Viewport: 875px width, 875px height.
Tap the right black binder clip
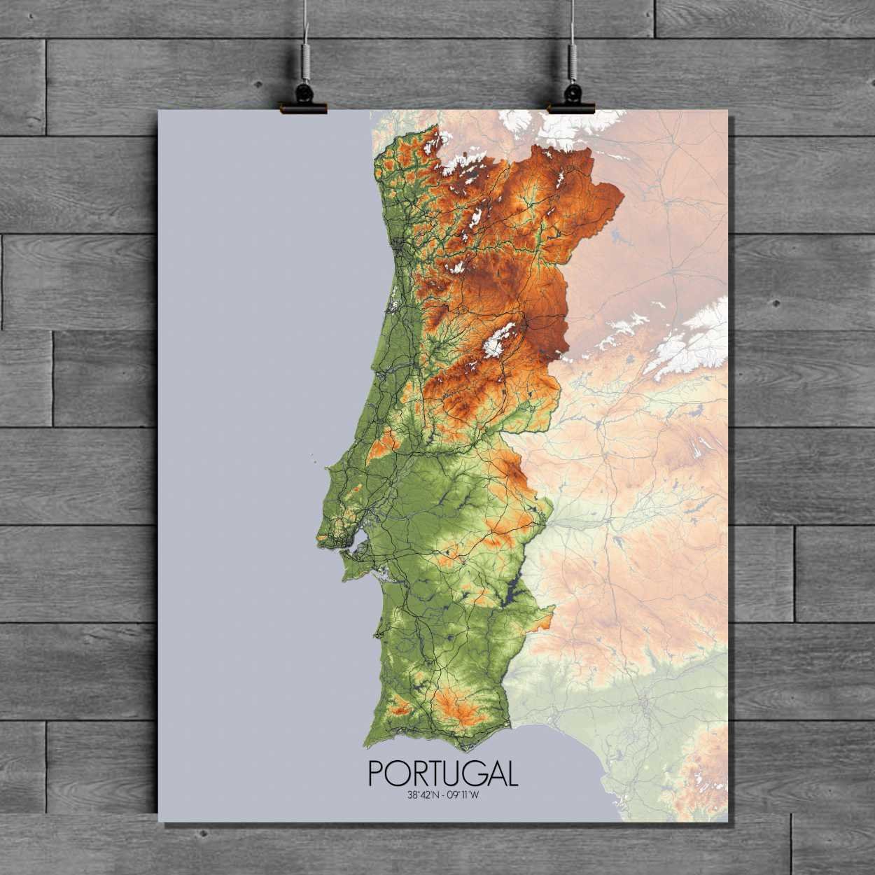571,98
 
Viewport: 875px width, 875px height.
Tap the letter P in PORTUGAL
376,773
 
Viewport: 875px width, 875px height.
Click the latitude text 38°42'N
421,794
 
